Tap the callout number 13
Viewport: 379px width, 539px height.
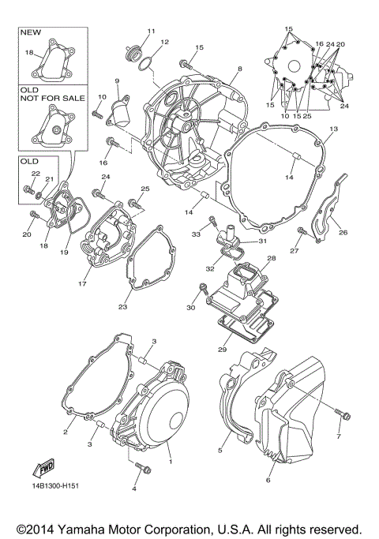click(x=334, y=129)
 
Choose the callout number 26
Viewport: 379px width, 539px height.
click(x=343, y=232)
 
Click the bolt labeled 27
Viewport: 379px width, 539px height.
click(x=302, y=231)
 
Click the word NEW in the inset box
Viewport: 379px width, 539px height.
click(x=29, y=33)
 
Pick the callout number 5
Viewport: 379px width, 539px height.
click(x=220, y=451)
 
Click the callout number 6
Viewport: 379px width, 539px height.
click(x=268, y=480)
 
